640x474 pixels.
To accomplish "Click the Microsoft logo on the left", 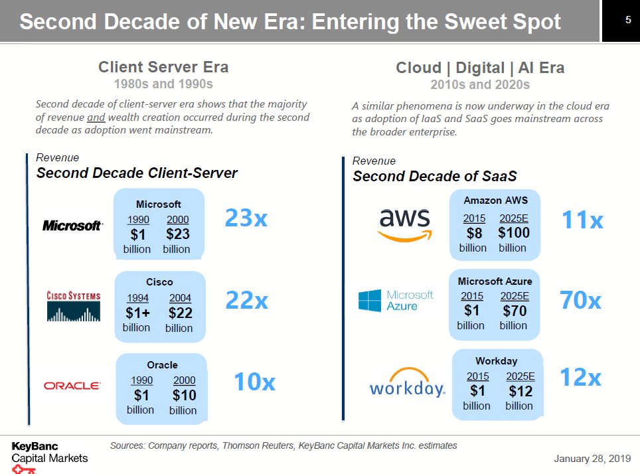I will [x=73, y=226].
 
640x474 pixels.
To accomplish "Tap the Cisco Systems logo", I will [x=74, y=305].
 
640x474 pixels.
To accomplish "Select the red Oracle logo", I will [x=72, y=386].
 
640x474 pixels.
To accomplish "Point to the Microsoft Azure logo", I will [x=396, y=300].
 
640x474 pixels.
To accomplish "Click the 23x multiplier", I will [x=246, y=218].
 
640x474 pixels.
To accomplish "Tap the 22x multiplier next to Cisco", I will [x=246, y=300].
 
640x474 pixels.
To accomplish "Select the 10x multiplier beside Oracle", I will [x=254, y=382].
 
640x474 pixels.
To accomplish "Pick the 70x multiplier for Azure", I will [x=580, y=300].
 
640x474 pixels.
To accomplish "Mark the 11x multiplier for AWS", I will [x=582, y=220].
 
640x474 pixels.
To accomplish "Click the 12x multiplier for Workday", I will [x=580, y=377].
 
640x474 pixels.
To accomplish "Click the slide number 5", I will [x=627, y=21].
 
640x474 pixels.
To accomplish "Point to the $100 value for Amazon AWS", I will [x=513, y=233].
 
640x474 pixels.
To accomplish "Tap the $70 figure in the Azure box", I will [x=515, y=311].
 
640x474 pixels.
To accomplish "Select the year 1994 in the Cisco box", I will [x=137, y=298].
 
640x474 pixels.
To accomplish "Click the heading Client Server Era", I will [x=163, y=67].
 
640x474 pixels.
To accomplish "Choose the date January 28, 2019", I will [x=592, y=459].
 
